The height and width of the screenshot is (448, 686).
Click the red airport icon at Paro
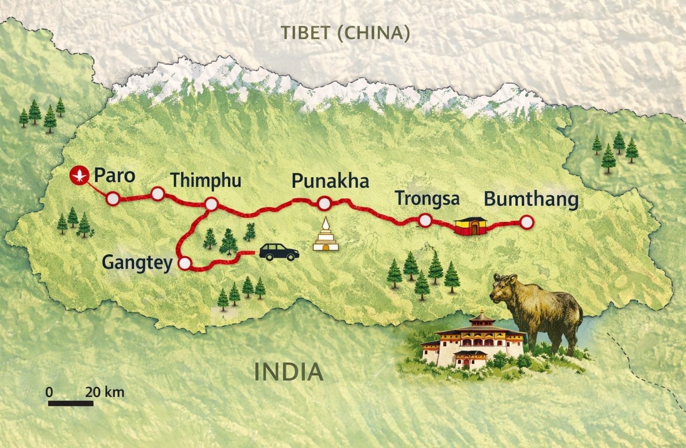pyautogui.click(x=80, y=174)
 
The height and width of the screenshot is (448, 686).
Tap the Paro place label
pyautogui.click(x=114, y=175)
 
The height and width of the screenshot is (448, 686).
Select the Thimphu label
pyautogui.click(x=206, y=180)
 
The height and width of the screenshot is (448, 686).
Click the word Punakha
pyautogui.click(x=330, y=182)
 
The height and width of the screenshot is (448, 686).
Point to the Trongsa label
pyautogui.click(x=427, y=199)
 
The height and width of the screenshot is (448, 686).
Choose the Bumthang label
pyautogui.click(x=531, y=200)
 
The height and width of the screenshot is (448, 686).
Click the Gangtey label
pyautogui.click(x=137, y=262)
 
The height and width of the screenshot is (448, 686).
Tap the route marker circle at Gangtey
pyautogui.click(x=185, y=264)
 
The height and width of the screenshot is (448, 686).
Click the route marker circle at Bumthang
pyautogui.click(x=527, y=223)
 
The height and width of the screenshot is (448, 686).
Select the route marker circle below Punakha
pyautogui.click(x=324, y=203)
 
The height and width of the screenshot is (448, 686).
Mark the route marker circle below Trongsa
pyautogui.click(x=425, y=221)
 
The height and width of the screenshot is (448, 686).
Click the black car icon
pyautogui.click(x=279, y=252)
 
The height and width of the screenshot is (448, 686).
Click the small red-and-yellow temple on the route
pyautogui.click(x=470, y=226)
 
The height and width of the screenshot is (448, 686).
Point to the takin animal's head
pyautogui.click(x=505, y=287)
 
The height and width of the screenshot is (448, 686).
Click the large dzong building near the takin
pyautogui.click(x=474, y=340)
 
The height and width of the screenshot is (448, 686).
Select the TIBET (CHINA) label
pyautogui.click(x=345, y=33)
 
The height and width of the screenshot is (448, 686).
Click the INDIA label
pyautogui.click(x=288, y=372)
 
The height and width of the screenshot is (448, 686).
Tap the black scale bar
pyautogui.click(x=70, y=403)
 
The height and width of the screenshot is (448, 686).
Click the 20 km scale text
pyautogui.click(x=105, y=392)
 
